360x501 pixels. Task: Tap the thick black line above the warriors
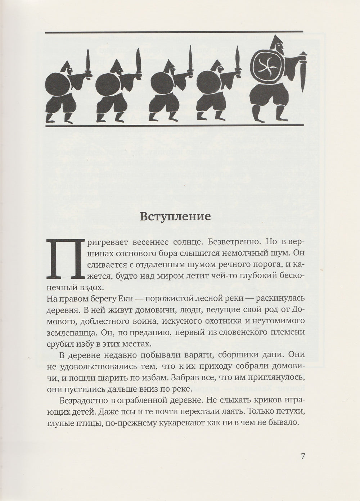(x=176, y=32)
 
